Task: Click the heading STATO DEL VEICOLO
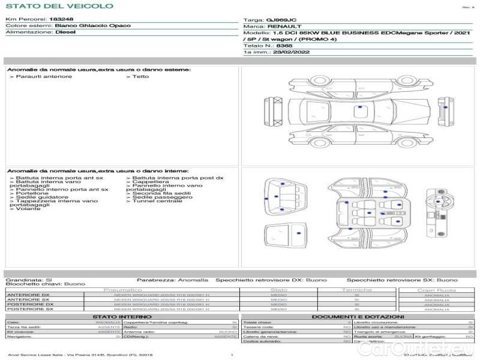[59, 6]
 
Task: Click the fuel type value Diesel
[65, 33]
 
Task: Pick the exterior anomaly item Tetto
[140, 76]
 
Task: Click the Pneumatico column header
[122, 290]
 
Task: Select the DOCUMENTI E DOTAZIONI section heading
[358, 316]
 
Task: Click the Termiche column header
[357, 290]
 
